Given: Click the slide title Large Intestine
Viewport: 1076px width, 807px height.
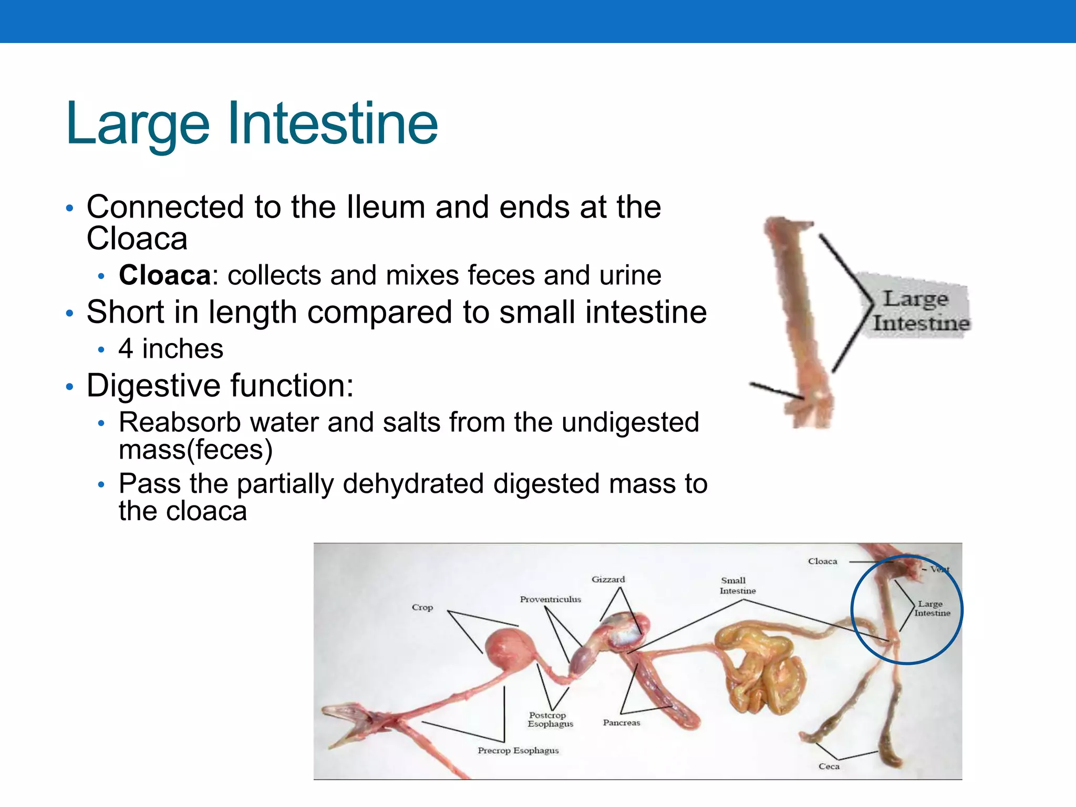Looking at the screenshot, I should pyautogui.click(x=252, y=124).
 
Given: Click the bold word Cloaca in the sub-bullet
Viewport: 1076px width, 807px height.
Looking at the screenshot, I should pyautogui.click(x=164, y=275).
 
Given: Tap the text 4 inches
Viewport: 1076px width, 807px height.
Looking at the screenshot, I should pyautogui.click(x=171, y=349).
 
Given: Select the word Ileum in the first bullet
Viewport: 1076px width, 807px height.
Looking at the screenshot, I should pyautogui.click(x=386, y=206).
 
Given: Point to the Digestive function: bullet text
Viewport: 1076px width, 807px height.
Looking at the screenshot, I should pyautogui.click(x=220, y=386).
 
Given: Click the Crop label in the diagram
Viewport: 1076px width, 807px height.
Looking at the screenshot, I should pyautogui.click(x=422, y=607).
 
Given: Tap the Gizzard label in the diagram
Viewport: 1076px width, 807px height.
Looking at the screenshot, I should pyautogui.click(x=608, y=580).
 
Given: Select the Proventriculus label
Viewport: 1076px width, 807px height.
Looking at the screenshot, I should pyautogui.click(x=550, y=599).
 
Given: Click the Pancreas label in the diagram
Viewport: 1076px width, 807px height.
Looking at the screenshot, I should pyautogui.click(x=622, y=723).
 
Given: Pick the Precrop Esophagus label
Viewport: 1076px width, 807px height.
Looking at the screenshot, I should pyautogui.click(x=518, y=750).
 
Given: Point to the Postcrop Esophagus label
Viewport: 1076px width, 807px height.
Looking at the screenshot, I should pyautogui.click(x=550, y=719).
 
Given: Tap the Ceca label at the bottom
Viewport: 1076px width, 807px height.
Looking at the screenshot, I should pyautogui.click(x=829, y=767).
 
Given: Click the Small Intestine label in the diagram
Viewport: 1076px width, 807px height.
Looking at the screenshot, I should pyautogui.click(x=737, y=586).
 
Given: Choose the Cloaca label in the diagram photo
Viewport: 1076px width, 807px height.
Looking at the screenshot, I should pyautogui.click(x=822, y=562).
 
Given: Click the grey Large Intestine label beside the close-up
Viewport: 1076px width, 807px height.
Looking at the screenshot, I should pyautogui.click(x=919, y=311).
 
